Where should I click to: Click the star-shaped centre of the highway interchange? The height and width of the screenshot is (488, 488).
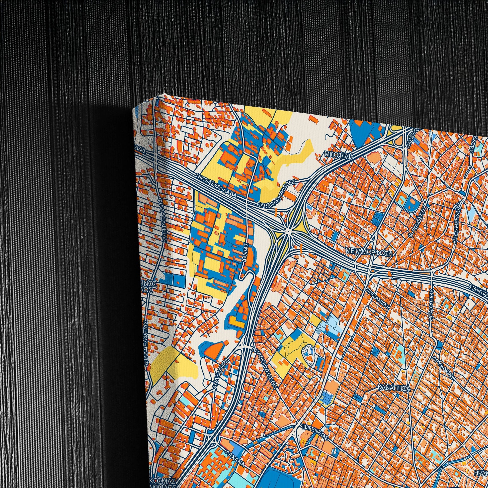pyautogui.click(x=287, y=230)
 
